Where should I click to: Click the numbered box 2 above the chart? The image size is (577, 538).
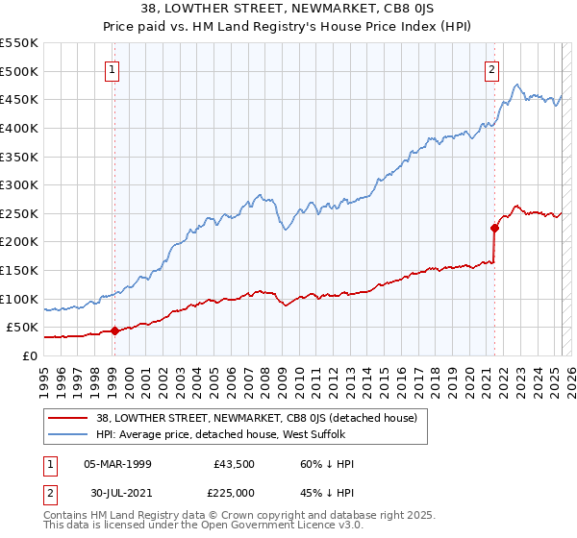pyautogui.click(x=491, y=69)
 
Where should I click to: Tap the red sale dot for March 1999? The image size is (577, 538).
pyautogui.click(x=114, y=330)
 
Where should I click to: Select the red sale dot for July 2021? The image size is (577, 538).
pyautogui.click(x=495, y=228)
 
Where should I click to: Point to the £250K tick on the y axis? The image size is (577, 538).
pyautogui.click(x=20, y=213)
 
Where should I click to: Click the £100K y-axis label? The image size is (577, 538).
pyautogui.click(x=20, y=299)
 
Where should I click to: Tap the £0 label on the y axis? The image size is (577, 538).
pyautogui.click(x=28, y=355)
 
